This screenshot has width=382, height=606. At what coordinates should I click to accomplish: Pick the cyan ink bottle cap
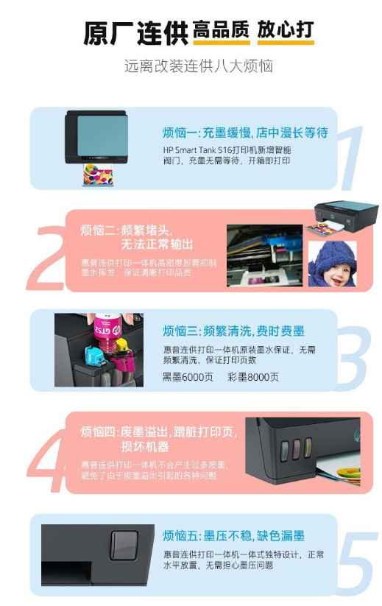point(95,356)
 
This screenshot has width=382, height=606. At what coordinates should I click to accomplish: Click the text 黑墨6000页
point(188,377)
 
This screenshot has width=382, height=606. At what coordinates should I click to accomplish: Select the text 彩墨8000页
point(253,377)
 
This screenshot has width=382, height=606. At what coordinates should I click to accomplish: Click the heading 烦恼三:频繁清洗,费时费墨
point(233,331)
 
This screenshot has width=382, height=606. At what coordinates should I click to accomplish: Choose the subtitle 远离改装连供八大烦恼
point(199,66)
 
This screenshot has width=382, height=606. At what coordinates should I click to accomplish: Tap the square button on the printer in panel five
point(124,545)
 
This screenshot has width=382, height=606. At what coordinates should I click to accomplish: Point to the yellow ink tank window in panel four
point(308,447)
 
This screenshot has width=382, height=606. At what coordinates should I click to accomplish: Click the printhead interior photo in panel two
point(264,256)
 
